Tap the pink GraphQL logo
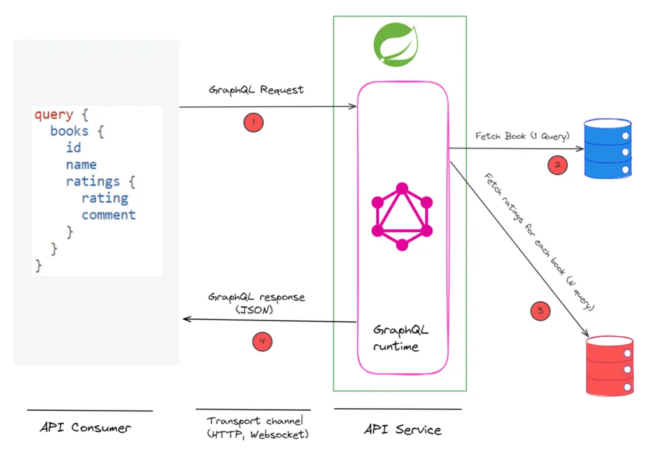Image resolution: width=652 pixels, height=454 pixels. pos(402,216)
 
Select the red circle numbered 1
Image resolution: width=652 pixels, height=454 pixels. pos(253,122)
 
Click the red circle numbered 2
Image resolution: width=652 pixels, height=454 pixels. pos(557,165)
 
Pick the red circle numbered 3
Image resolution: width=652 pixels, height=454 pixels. pos(540,311)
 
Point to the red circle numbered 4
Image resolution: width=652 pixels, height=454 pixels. pos(262,342)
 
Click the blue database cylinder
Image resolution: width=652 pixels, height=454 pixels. pos(609,148)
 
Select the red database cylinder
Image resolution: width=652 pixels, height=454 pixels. pos(609,365)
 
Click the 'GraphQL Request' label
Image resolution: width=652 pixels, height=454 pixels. pos(256,90)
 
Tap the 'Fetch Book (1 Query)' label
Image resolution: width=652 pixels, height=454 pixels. pos(522,136)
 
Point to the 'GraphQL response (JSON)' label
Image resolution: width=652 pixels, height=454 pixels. pos(256,303)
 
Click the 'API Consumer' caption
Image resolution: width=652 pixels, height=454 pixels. pos(85,427)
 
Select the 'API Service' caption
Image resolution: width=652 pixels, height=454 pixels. pos(402,429)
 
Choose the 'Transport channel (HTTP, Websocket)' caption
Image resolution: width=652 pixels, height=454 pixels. pos(253,427)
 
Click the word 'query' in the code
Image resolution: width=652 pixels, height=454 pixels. pos(53,115)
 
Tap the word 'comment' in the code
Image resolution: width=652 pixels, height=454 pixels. pos(108,215)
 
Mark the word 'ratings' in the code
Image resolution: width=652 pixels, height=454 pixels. pos(92,181)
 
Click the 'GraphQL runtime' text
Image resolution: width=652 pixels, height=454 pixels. pos(400,338)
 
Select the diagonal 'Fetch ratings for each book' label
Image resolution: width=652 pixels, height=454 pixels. pos(539,241)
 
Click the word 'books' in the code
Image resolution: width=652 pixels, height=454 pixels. pos(69,131)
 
